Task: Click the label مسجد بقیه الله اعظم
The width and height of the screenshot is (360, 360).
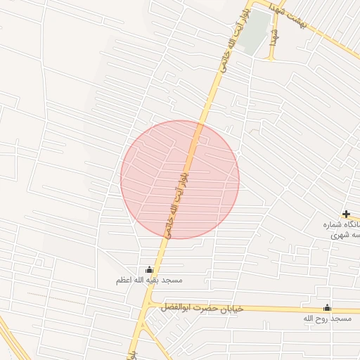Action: click(149, 281)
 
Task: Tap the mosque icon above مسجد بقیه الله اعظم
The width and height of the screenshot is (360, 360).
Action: click(149, 269)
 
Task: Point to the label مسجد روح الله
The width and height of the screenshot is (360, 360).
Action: click(327, 319)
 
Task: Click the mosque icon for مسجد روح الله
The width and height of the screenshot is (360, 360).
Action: click(327, 308)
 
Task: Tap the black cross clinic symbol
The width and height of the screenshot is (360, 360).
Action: click(346, 214)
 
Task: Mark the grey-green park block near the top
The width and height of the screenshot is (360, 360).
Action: click(255, 32)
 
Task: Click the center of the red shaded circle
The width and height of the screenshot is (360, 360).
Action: click(180, 179)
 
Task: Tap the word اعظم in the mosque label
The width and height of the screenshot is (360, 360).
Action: click(127, 281)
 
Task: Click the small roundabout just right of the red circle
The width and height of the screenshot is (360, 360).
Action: click(239, 152)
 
